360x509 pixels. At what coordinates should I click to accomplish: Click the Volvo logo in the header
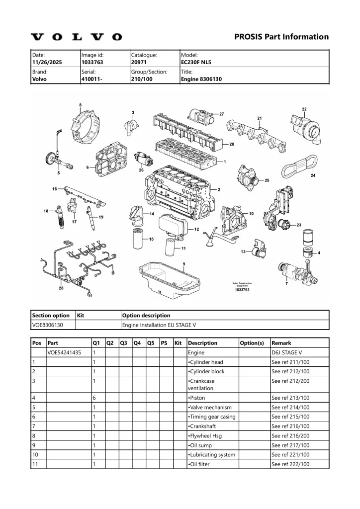76,37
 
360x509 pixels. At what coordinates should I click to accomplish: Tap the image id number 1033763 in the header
92,63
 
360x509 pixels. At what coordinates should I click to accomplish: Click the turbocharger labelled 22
306,126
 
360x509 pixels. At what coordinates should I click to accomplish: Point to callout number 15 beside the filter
151,239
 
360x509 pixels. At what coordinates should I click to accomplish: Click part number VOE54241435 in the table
64,352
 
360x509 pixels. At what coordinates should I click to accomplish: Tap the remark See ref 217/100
290,445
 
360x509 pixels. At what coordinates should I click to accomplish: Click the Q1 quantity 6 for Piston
94,398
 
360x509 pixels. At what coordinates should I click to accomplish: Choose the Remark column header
281,343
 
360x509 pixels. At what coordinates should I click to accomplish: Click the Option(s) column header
252,343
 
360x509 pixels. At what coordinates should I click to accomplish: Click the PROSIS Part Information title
281,37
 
